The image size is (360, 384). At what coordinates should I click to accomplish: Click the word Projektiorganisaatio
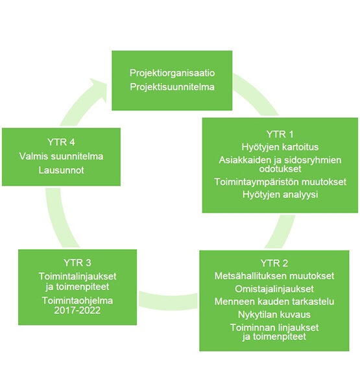(x=172, y=73)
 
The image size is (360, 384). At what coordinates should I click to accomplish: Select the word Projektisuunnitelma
(x=172, y=87)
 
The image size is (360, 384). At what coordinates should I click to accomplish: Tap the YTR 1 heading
(x=280, y=134)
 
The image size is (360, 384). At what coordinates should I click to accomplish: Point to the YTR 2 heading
(x=274, y=263)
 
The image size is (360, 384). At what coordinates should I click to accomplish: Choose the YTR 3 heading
(x=77, y=263)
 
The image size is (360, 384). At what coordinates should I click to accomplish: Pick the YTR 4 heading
(x=61, y=142)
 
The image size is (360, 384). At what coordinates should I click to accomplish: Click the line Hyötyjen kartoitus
(x=280, y=147)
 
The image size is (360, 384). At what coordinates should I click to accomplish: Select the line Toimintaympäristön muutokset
(x=280, y=182)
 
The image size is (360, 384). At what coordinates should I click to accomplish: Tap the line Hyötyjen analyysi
(x=280, y=195)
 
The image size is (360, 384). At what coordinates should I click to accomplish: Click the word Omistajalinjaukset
(x=274, y=289)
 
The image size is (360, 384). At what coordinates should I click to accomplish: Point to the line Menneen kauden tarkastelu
(x=274, y=302)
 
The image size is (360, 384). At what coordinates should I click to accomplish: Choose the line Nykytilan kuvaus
(x=274, y=315)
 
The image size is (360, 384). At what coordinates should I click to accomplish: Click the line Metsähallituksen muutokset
(x=274, y=276)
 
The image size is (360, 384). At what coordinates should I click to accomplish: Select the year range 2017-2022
(x=77, y=310)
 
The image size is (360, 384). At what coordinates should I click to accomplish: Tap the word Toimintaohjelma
(x=77, y=300)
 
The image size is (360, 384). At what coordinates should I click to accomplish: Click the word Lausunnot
(x=61, y=170)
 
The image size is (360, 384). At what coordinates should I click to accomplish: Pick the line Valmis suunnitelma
(x=61, y=156)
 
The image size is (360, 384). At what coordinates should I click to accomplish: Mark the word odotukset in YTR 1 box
(x=280, y=169)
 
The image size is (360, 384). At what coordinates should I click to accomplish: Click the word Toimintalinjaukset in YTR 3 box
(x=77, y=276)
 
